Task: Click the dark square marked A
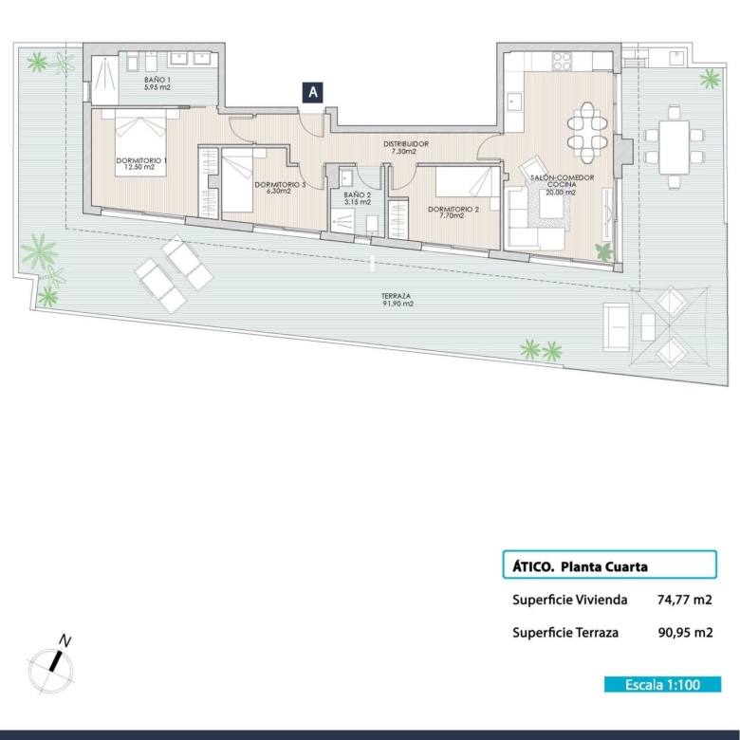312,93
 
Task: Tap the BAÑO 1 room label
157,83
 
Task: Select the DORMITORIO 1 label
141,164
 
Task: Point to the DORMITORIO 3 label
280,187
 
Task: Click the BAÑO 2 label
358,198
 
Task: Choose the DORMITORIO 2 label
453,212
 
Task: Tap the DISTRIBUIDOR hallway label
405,147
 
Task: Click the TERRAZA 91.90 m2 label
397,300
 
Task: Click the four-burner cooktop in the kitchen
562,61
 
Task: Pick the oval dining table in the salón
587,133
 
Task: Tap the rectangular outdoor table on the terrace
674,148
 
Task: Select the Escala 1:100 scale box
662,684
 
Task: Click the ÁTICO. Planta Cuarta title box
610,564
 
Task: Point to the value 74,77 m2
684,600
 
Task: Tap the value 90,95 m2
685,633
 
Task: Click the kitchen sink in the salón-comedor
514,102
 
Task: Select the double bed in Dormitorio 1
140,143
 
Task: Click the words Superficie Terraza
565,633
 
